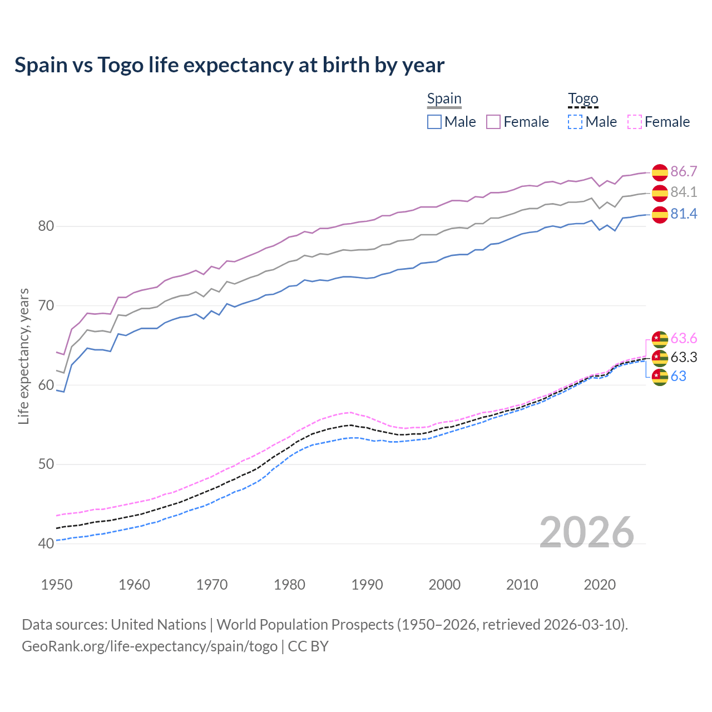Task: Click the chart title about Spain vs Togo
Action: point(229,65)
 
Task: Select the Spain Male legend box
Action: point(434,122)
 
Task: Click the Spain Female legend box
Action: point(493,122)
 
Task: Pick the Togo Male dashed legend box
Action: point(575,122)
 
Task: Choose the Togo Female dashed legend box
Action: point(635,122)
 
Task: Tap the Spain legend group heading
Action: point(444,99)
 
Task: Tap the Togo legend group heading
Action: point(583,99)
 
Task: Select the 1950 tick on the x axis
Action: point(57,585)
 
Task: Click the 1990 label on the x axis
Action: point(367,585)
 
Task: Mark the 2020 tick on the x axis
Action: point(600,585)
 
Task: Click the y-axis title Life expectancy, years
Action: point(24,356)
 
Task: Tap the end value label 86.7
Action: point(684,171)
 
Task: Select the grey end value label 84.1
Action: point(684,192)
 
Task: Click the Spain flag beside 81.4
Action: point(660,215)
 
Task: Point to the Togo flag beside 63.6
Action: point(660,339)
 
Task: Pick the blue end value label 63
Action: point(678,377)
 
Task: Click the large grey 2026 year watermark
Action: point(586,532)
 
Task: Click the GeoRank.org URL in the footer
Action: point(150,646)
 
